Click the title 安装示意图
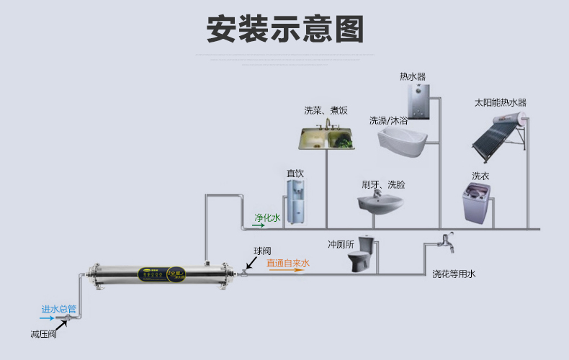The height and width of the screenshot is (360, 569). pos(284,30)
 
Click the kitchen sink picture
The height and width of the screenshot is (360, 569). pos(326,136)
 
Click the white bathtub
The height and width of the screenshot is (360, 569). pos(403,141)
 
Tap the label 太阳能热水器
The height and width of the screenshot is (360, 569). pos(500,103)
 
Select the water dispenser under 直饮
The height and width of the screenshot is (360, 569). pos(295,202)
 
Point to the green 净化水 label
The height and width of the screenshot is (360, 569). pos(266,217)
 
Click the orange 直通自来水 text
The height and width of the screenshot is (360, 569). pos(288,264)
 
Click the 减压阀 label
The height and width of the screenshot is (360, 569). pos(43,334)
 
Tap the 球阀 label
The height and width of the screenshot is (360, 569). pos(262,251)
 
